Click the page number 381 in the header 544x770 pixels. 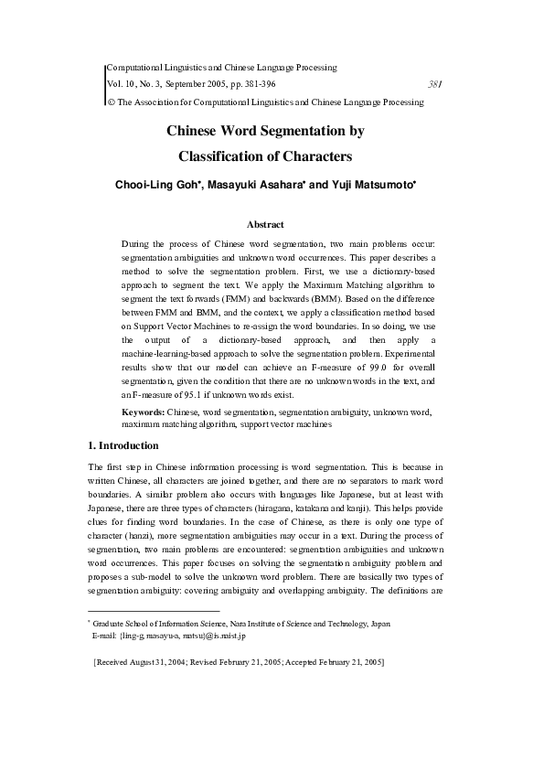[436, 85]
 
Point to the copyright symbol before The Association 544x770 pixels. [112, 102]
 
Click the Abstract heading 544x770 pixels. [266, 224]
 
